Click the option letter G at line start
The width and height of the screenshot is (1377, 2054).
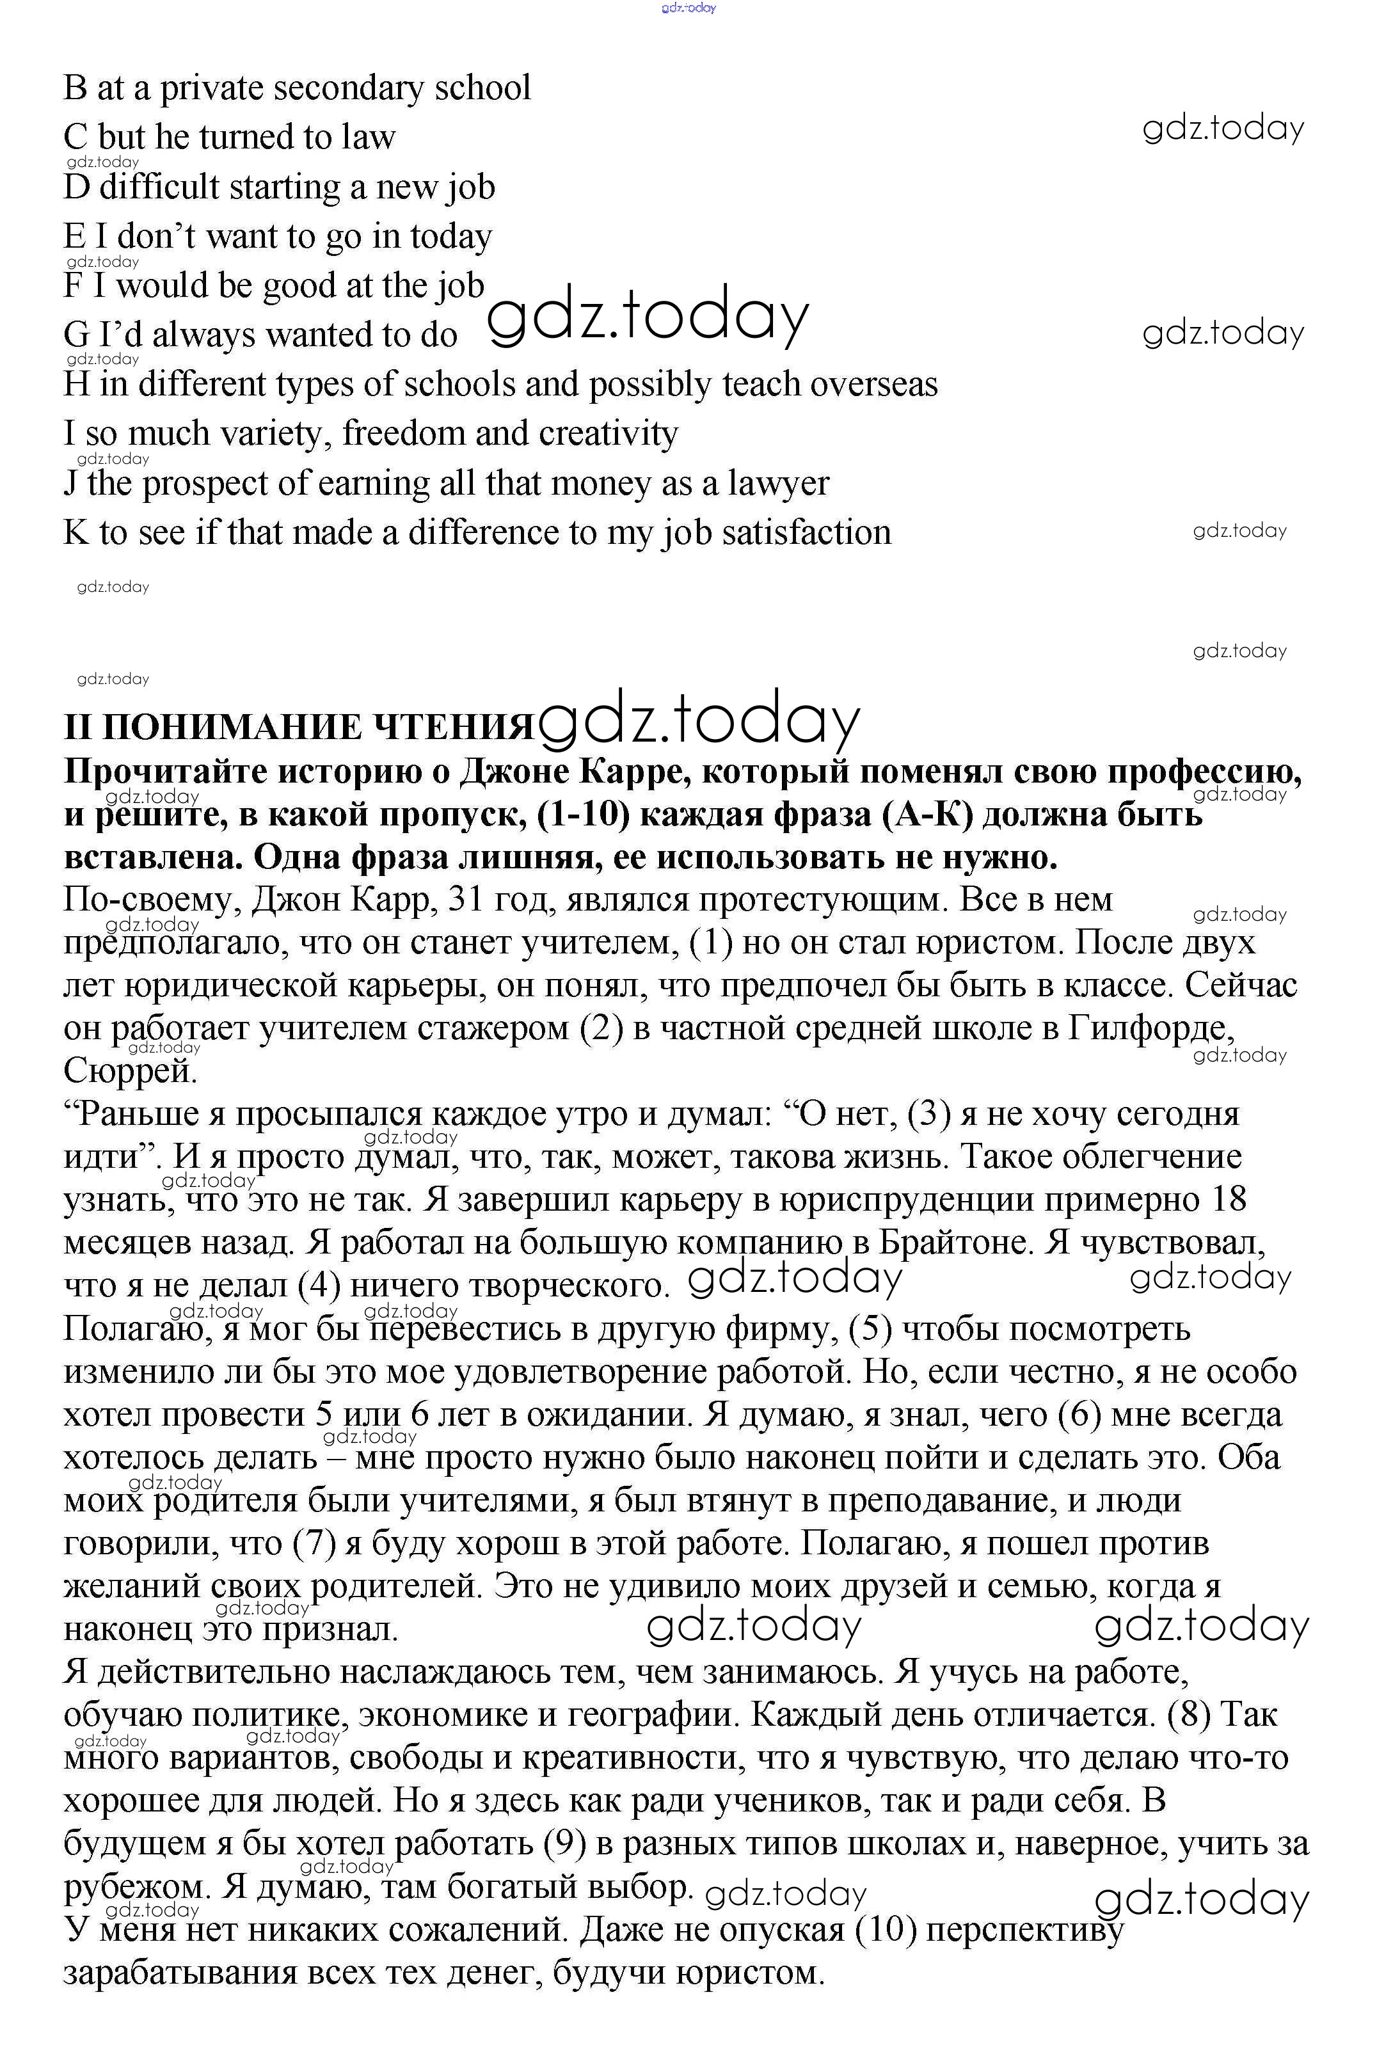click(x=76, y=335)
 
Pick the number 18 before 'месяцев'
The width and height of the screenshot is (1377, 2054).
click(x=1228, y=1200)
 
